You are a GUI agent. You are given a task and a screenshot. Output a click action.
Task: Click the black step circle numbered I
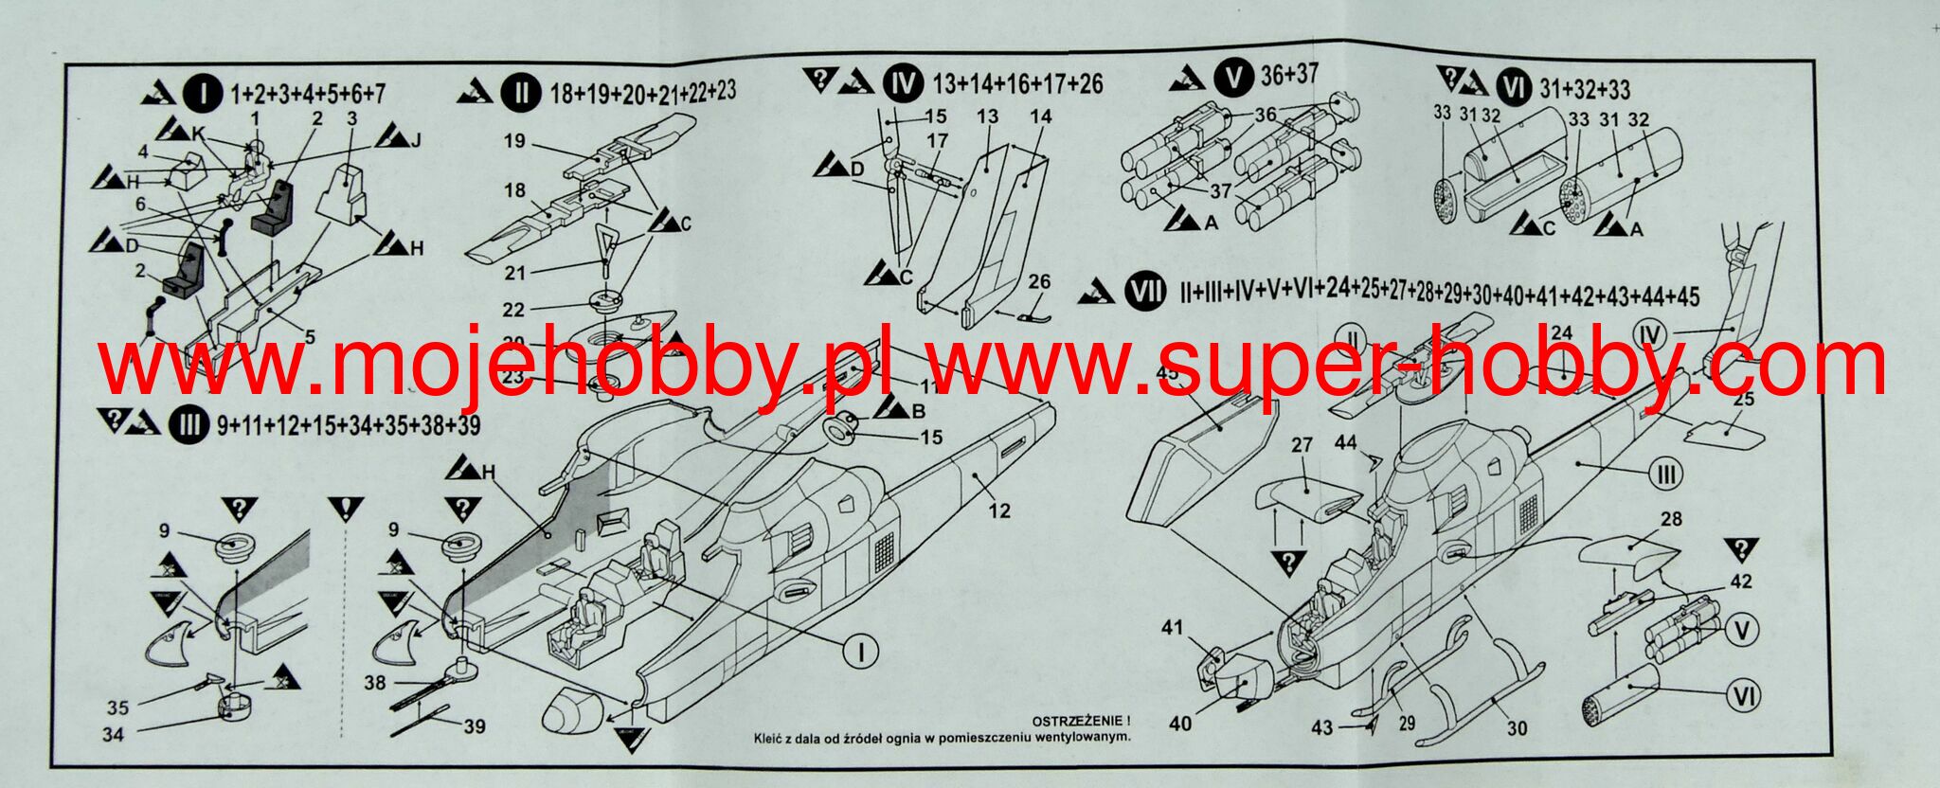pyautogui.click(x=202, y=93)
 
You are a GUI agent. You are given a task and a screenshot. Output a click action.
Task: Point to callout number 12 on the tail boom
pyautogui.click(x=999, y=511)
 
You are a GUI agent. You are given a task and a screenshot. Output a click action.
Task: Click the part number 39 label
pyautogui.click(x=474, y=726)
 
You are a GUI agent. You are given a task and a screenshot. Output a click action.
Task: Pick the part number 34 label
pyautogui.click(x=113, y=734)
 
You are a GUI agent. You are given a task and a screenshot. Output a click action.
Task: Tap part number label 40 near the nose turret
pyautogui.click(x=1180, y=724)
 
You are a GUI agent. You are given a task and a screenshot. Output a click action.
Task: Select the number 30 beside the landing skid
pyautogui.click(x=1517, y=728)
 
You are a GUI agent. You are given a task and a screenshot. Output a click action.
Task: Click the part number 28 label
pyautogui.click(x=1671, y=519)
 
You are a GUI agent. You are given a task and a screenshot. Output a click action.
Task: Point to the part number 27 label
pyautogui.click(x=1302, y=445)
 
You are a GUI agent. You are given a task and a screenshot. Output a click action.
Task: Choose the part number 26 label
pyautogui.click(x=1039, y=282)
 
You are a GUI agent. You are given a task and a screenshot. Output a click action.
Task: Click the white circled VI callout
pyautogui.click(x=1742, y=697)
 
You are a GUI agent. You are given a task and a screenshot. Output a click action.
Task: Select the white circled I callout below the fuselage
pyautogui.click(x=861, y=651)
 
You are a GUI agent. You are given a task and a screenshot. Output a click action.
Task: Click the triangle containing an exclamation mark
pyautogui.click(x=348, y=510)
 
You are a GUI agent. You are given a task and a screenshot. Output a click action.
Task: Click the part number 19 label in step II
pyautogui.click(x=514, y=141)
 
